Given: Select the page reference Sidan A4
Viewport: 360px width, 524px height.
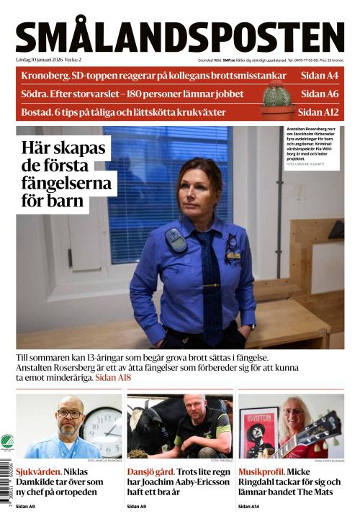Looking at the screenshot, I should (320, 75).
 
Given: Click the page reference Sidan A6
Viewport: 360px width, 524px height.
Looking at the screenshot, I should (320, 94).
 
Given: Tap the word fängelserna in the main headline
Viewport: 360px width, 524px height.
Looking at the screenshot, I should (67, 184).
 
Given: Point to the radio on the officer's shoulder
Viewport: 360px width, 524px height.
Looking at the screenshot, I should (176, 240).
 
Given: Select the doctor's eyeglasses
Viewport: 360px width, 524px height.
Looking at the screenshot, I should (70, 414).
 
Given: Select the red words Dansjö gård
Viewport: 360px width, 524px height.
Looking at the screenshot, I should (150, 471).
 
